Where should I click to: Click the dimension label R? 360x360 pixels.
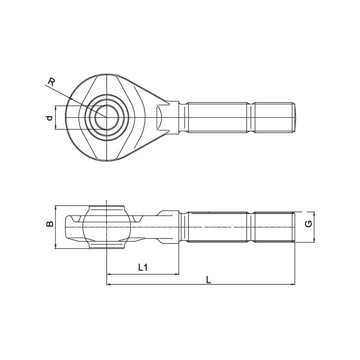[51, 82]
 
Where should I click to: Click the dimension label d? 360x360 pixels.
[49, 118]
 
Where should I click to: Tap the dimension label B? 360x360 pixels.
[49, 223]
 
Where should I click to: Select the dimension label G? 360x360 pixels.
[309, 223]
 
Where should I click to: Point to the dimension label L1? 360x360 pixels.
[143, 267]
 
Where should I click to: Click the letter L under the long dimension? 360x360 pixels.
[208, 280]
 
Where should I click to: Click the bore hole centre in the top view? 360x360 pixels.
[107, 117]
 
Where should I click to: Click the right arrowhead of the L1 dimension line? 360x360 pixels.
[177, 274]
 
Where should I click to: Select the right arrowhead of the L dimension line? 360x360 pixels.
[293, 284]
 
